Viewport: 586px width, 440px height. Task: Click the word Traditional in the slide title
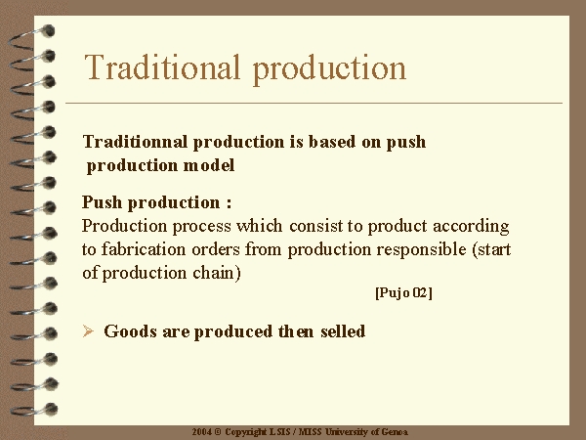point(162,67)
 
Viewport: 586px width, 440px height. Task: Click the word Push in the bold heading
point(102,202)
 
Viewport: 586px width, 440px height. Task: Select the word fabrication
point(144,249)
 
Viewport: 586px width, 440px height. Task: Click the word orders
point(216,249)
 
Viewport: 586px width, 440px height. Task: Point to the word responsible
point(421,250)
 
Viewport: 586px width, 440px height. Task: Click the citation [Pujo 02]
point(403,292)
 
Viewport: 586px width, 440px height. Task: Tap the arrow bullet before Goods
point(88,331)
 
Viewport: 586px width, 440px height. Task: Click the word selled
point(343,331)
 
